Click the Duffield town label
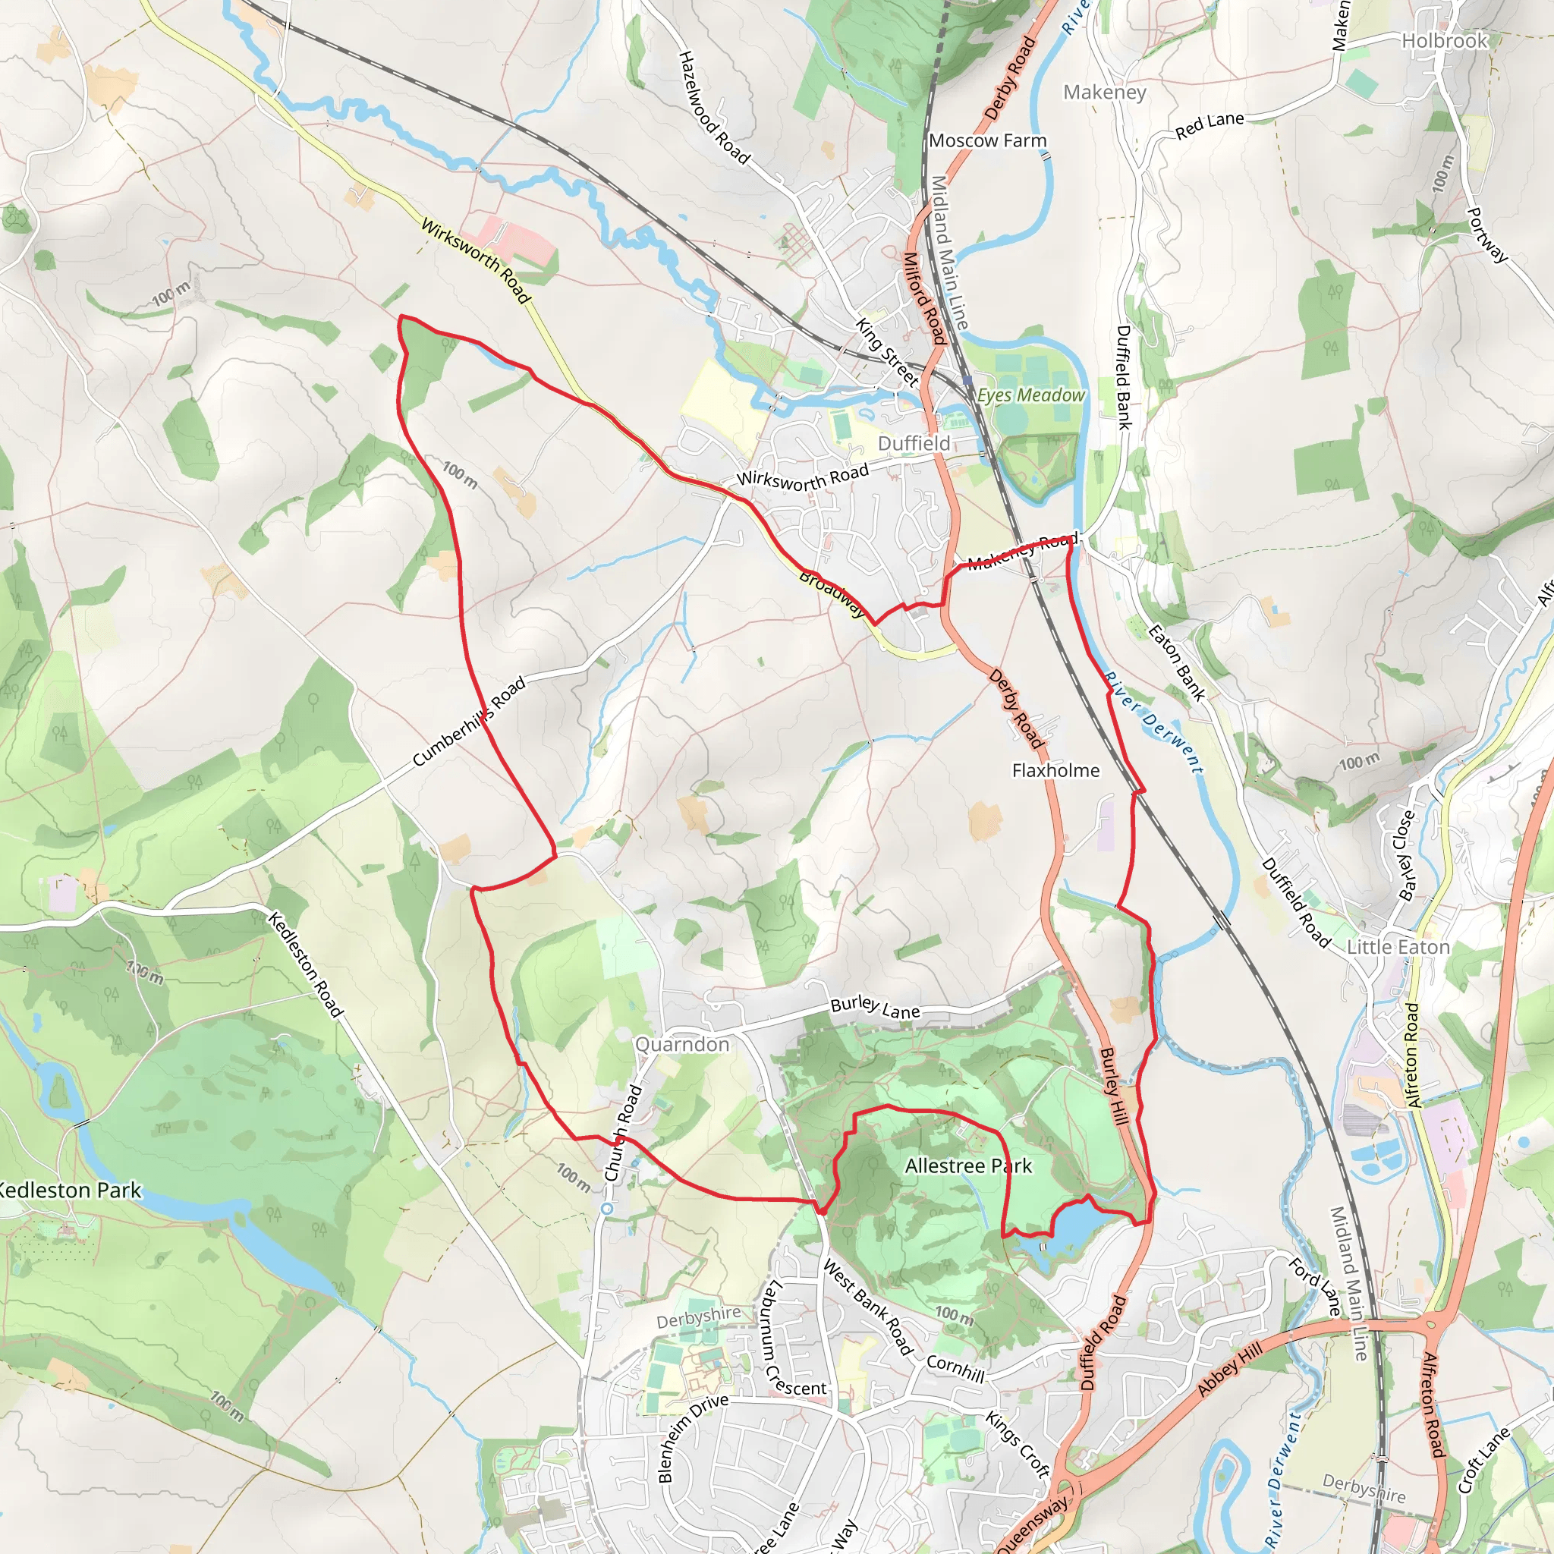tap(914, 443)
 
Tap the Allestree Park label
tap(967, 1165)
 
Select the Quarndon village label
tap(682, 1044)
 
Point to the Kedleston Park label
tap(71, 1191)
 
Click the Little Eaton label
tap(1398, 947)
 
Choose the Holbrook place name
tap(1445, 41)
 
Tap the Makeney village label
tap(1104, 93)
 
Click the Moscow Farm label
tap(988, 141)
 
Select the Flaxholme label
tap(1055, 771)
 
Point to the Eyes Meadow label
tap(1031, 395)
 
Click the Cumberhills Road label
tap(469, 721)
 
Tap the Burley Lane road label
tap(875, 1008)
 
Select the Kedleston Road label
tap(305, 964)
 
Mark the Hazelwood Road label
tap(713, 108)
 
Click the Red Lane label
tap(1209, 125)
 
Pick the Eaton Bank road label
tap(1176, 662)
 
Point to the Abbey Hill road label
tap(1230, 1370)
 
